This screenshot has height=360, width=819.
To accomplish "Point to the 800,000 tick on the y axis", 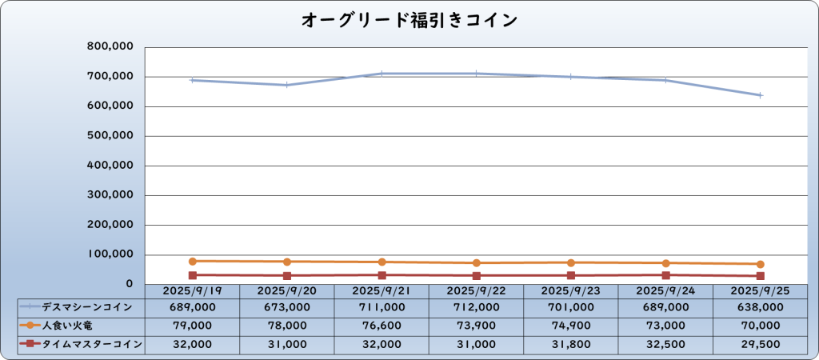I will (110, 47).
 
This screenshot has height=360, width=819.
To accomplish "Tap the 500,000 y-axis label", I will (110, 136).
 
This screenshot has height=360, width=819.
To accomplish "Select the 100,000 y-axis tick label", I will (110, 254).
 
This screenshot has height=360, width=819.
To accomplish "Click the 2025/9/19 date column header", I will (193, 290).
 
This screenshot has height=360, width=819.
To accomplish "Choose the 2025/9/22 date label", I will (477, 290).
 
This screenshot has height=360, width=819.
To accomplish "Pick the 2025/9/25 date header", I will (761, 290).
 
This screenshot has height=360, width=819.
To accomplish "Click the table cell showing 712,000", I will (477, 307).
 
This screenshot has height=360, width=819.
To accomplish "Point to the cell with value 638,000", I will (761, 307).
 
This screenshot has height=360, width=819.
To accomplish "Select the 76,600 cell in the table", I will (382, 326).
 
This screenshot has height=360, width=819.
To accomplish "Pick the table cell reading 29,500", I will (761, 344).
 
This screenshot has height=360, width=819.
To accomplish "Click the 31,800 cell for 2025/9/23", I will (571, 344).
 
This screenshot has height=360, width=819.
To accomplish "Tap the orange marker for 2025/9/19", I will (193, 261).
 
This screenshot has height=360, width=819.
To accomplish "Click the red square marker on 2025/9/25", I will (761, 276).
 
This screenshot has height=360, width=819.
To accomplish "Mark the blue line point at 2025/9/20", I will (287, 85).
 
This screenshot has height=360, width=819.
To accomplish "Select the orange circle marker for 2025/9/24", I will (665, 263).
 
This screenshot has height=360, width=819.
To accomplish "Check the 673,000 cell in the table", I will (287, 307).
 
